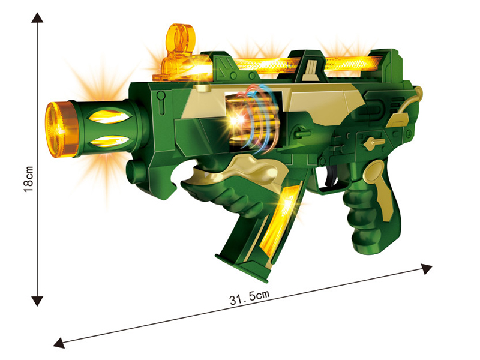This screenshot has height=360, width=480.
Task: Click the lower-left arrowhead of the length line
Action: point(59,343)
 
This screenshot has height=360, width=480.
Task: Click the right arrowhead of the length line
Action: point(427,268)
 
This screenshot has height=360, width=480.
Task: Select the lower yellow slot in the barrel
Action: point(110,142)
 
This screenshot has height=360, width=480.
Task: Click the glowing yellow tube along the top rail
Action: point(300,64)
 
